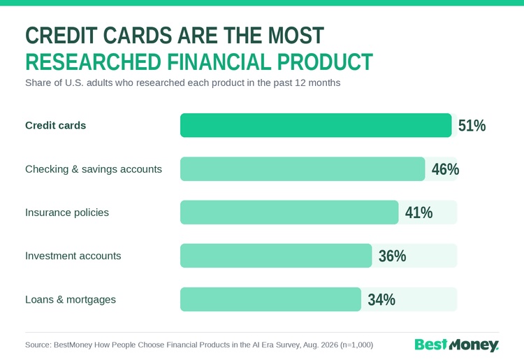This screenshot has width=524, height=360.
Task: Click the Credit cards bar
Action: point(316,125)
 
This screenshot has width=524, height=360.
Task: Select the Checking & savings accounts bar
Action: point(303,168)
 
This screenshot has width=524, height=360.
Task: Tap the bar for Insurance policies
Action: point(289,213)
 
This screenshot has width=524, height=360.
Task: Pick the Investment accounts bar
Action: point(276,256)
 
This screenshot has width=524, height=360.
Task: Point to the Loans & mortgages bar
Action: point(270,299)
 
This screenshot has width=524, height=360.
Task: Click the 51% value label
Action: point(472,126)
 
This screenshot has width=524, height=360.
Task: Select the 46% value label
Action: point(445,169)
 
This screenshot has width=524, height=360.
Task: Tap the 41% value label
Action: point(419,213)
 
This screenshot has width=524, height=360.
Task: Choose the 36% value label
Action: point(393,256)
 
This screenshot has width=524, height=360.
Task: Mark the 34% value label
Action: point(381,299)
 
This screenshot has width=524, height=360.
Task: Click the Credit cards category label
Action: point(55,125)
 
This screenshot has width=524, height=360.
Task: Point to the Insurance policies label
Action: point(67,213)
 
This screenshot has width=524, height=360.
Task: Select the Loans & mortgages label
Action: point(71,299)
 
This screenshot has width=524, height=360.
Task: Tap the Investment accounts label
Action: point(73,256)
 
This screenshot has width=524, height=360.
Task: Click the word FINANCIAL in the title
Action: point(219,62)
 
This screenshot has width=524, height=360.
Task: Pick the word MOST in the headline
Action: point(296,35)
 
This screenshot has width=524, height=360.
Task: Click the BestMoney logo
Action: point(456,345)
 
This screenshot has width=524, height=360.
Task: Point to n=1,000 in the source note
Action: point(356,345)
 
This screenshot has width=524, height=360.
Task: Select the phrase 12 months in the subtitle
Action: point(317,82)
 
